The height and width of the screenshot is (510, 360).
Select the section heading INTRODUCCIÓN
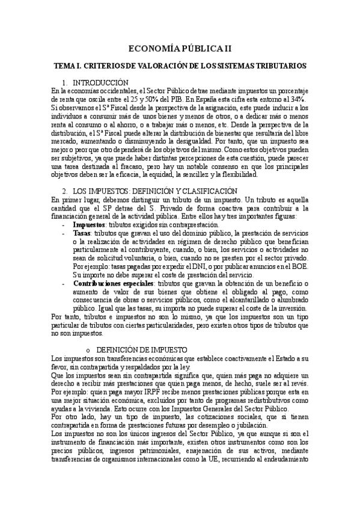pos(99,82)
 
